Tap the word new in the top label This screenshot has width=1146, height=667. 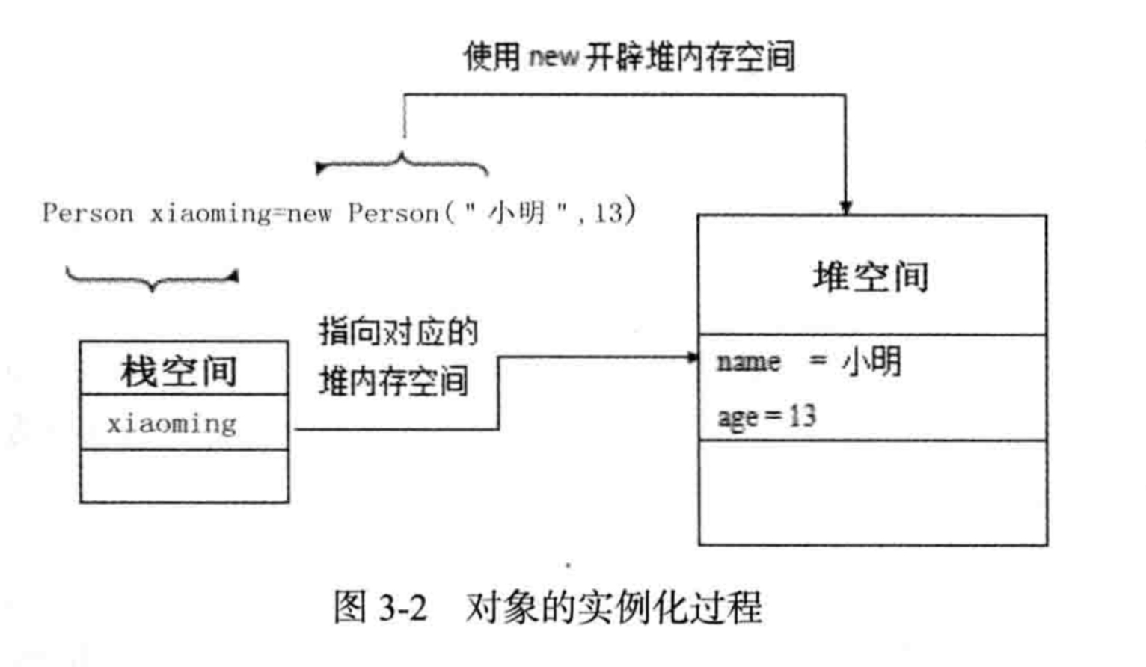554,57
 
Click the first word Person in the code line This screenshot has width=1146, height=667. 88,214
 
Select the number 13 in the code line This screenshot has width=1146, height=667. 608,214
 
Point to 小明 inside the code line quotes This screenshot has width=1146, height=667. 516,213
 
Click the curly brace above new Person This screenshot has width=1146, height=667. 402,164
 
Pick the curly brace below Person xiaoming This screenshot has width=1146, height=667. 152,279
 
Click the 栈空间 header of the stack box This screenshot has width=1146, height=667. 179,371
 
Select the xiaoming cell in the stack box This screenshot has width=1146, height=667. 172,424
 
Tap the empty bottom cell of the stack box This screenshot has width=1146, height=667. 184,476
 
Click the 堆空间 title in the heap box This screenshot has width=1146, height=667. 871,277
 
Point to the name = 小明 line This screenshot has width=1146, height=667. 809,362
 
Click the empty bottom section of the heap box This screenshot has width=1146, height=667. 872,492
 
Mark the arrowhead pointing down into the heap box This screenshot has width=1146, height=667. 845,206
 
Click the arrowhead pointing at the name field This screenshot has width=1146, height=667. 692,357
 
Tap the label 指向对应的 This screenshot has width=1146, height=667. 398,331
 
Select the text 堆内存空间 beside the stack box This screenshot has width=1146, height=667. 393,382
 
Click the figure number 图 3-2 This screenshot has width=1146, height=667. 380,606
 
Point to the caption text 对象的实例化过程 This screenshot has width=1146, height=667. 613,606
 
